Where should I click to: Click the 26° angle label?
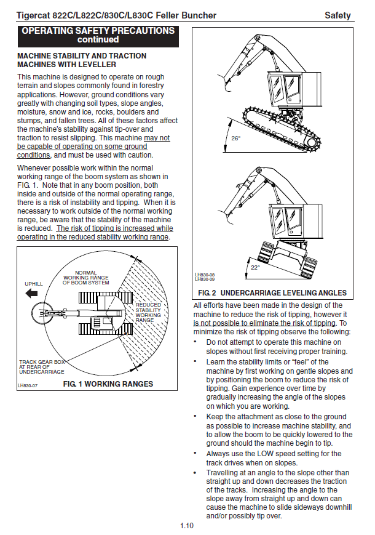click(x=235, y=139)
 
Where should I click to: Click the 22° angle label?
click(x=255, y=268)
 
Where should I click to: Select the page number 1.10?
click(x=187, y=525)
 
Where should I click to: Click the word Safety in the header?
click(x=337, y=15)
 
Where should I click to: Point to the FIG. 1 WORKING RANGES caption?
click(x=108, y=384)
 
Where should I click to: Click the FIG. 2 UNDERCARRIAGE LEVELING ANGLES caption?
click(x=270, y=292)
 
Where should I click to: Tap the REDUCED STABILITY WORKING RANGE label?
click(x=148, y=312)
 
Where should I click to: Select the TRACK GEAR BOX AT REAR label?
click(x=42, y=367)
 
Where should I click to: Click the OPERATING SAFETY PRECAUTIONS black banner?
click(x=98, y=35)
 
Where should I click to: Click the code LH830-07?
click(x=28, y=385)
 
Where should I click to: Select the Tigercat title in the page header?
click(x=117, y=15)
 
